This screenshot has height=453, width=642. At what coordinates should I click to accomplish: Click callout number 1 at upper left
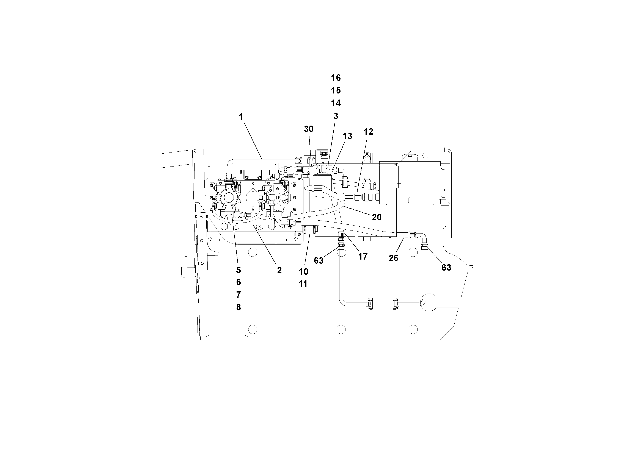(241, 117)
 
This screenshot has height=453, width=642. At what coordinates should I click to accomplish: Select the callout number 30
(308, 129)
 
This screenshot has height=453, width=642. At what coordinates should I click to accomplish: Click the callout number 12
(368, 132)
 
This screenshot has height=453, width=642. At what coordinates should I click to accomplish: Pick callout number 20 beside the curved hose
(377, 217)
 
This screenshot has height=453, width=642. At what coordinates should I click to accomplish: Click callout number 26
(393, 258)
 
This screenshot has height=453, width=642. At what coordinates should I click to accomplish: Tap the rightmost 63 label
(446, 268)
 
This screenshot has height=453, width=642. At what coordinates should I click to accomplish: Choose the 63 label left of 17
(319, 261)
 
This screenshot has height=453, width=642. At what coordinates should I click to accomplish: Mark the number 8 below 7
(238, 307)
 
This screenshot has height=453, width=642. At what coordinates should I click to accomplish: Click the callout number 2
(279, 270)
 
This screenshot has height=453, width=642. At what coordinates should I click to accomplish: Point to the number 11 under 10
(303, 284)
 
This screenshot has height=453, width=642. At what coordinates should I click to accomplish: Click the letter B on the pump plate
(253, 184)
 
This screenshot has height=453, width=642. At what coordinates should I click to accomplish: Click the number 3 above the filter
(336, 116)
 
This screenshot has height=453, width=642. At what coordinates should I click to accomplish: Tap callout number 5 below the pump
(238, 270)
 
